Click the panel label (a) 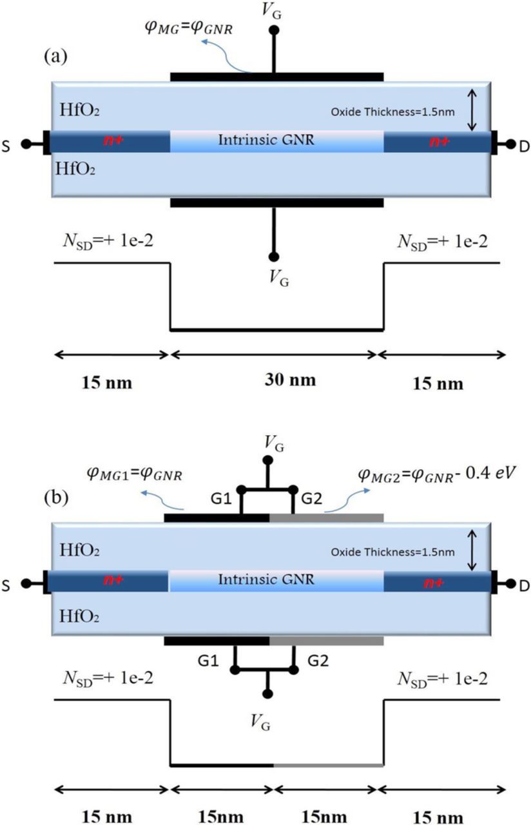point(55,55)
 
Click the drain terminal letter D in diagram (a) point(523,146)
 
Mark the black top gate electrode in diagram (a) point(276,77)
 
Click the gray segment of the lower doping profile point(329,765)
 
